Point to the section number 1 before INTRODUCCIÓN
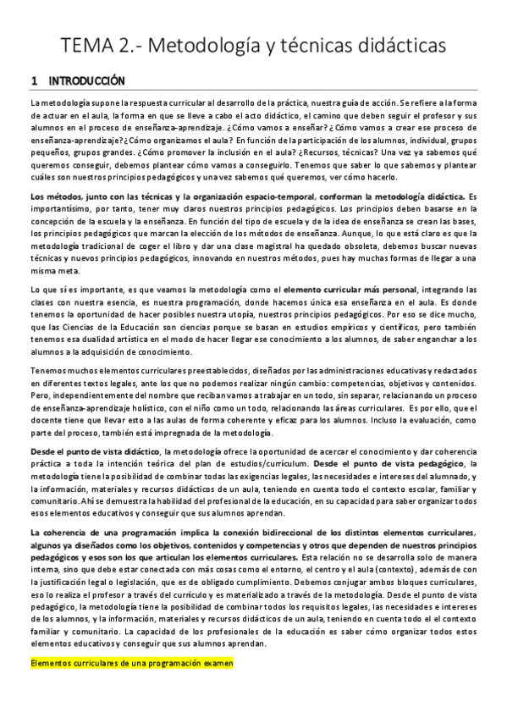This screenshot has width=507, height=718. point(33,81)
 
